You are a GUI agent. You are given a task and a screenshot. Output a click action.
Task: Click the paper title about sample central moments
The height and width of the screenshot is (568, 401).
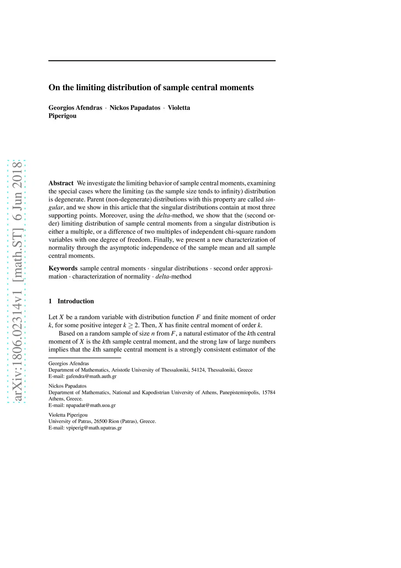pos(151,87)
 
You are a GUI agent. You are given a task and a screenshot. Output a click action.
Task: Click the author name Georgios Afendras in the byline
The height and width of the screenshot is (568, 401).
pos(75,108)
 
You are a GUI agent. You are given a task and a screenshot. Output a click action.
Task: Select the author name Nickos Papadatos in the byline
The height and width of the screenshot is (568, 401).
pos(135,108)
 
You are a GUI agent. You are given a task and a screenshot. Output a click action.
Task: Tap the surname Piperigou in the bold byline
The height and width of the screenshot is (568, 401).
pos(62,116)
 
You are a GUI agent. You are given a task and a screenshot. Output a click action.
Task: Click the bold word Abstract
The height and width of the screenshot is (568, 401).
pos(61,183)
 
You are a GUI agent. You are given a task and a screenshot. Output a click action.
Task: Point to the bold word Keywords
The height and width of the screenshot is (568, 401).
pos(63,268)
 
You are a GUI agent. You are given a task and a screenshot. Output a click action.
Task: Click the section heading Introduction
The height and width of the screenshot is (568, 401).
pos(76,301)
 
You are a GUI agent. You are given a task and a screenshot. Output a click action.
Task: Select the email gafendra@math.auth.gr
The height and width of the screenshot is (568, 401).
pos(91,376)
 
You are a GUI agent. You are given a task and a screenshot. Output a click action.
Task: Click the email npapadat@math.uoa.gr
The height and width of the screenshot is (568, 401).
pos(90,405)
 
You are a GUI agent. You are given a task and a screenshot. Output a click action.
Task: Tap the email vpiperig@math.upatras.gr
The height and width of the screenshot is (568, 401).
pos(94,428)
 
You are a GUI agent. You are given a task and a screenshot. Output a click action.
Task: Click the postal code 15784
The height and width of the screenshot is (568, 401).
pos(269,392)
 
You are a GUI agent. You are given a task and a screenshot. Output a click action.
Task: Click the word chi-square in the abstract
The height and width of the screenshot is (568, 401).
pos(238,232)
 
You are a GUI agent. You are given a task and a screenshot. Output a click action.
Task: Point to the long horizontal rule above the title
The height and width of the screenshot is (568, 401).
pos(162,61)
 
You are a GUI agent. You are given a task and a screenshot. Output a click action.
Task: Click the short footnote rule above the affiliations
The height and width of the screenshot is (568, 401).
pos(85,357)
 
